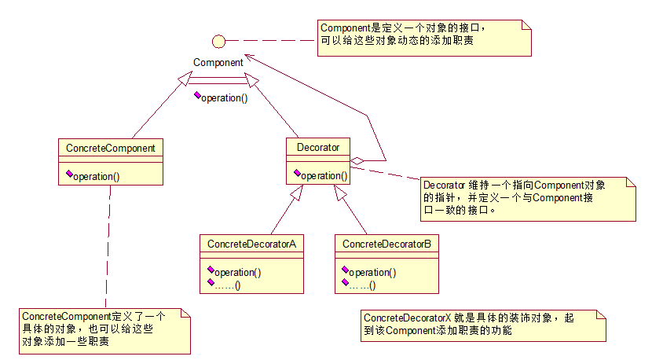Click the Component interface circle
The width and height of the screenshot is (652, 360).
(219, 40)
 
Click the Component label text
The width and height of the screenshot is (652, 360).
(218, 62)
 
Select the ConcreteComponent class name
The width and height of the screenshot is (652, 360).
(110, 148)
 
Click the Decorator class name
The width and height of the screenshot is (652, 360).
(318, 147)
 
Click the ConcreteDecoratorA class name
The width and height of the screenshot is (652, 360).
(251, 244)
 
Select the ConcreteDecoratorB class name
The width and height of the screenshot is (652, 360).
(386, 244)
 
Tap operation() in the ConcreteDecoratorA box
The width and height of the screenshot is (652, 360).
(237, 272)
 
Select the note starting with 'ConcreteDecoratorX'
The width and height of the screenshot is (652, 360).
(483, 325)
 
